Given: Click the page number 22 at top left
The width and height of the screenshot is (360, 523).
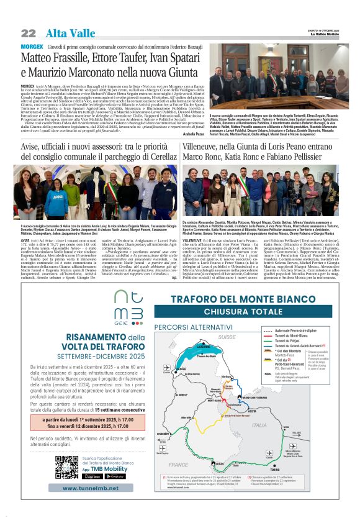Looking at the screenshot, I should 29,33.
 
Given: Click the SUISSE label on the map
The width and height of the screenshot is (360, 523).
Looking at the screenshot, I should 227,336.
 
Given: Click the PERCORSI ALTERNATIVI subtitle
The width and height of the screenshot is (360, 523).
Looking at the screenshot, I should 184,325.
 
